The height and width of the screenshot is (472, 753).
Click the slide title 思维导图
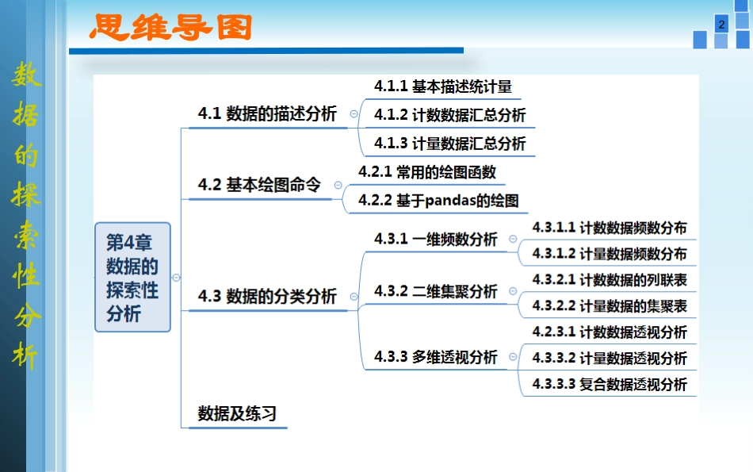(170, 28)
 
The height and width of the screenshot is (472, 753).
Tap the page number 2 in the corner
(721, 25)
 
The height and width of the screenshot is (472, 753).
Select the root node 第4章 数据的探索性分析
(132, 277)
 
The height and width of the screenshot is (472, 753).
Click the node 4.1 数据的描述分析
(267, 113)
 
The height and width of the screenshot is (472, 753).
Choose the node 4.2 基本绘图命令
(259, 185)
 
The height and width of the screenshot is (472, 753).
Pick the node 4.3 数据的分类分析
(267, 297)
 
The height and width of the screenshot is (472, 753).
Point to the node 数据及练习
(237, 413)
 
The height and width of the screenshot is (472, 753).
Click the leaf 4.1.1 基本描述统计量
(443, 86)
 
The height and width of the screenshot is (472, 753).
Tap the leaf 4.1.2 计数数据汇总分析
(449, 115)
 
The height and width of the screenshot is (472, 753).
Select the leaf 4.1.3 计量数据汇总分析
(449, 144)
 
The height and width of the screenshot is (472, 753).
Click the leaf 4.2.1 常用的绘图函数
(426, 171)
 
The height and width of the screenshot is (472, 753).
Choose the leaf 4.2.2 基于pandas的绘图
(438, 200)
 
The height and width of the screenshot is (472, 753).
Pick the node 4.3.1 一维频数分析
(436, 240)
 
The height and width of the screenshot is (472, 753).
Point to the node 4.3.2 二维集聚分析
(436, 291)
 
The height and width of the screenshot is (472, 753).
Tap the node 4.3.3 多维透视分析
(436, 357)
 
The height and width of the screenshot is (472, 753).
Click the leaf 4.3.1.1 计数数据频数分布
(610, 228)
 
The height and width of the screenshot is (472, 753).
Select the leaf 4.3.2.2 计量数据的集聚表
(610, 305)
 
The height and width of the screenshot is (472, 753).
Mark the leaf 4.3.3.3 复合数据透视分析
(610, 385)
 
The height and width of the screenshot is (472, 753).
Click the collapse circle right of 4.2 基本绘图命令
(338, 185)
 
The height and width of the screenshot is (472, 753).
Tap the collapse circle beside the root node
(176, 278)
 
